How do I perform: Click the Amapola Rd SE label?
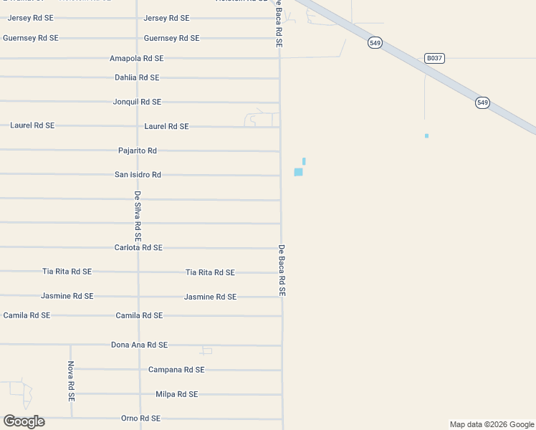(x=136, y=58)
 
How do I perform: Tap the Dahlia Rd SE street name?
(x=137, y=77)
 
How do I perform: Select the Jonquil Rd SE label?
(x=137, y=102)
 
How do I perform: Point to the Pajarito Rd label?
(x=137, y=150)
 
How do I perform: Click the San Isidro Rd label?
(x=138, y=174)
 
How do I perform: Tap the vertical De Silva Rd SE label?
(x=138, y=216)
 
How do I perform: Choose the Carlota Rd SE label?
(x=138, y=247)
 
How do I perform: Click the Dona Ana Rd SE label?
(x=139, y=345)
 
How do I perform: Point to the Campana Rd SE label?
(x=176, y=370)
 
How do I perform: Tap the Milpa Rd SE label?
(x=176, y=394)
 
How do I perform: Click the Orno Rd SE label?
(x=140, y=418)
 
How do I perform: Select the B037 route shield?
(x=434, y=58)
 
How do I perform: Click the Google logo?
(x=24, y=421)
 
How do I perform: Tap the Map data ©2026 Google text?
(x=491, y=424)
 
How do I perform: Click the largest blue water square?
(x=298, y=172)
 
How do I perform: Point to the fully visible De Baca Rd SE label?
(x=282, y=271)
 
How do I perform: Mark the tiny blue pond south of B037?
(x=426, y=135)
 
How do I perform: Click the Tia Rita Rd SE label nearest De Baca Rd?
(x=210, y=272)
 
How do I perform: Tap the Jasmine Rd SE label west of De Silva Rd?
(x=67, y=296)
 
